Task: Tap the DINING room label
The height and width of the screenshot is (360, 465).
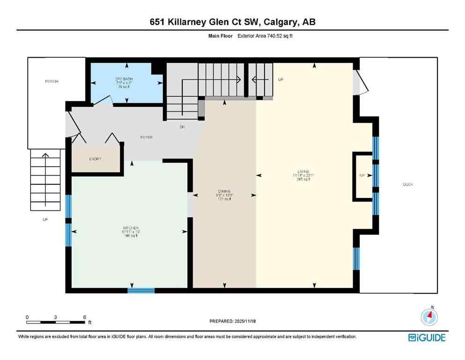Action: [x=224, y=191]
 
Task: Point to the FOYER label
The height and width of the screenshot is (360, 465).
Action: [x=147, y=137]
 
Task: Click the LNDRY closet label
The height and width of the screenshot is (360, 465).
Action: [x=96, y=159]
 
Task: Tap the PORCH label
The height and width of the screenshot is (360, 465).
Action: [x=51, y=81]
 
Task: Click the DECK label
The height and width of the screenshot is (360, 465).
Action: [x=408, y=184]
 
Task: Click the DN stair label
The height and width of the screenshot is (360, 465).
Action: [x=182, y=127]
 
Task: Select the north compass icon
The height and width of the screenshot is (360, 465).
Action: [x=429, y=317]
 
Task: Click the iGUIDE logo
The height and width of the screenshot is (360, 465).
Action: [x=427, y=337]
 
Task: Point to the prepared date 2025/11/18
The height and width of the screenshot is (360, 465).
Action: [x=232, y=321]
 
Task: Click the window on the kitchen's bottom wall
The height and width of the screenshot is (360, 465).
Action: [x=141, y=290]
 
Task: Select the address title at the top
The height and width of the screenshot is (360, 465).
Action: [x=232, y=22]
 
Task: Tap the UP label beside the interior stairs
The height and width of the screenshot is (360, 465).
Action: [x=281, y=80]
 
